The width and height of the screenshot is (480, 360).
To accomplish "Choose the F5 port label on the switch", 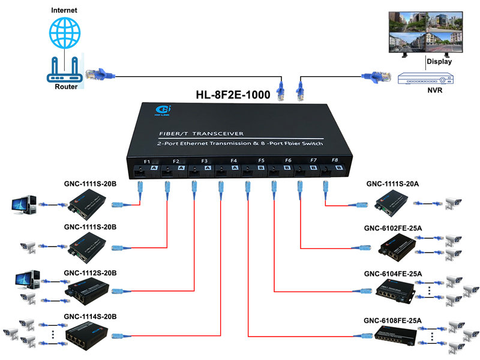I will tap(261, 161).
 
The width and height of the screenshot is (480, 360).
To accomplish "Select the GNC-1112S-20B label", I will tap(90, 273).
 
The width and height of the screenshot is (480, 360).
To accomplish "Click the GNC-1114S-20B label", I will tap(90, 316).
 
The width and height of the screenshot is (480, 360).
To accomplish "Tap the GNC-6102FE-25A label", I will tap(392, 229).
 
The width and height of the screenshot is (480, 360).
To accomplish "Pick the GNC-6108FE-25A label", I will tap(392, 319).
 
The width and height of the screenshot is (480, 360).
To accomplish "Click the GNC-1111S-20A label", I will tap(392, 184).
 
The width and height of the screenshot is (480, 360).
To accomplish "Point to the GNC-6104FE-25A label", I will tap(392, 274).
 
